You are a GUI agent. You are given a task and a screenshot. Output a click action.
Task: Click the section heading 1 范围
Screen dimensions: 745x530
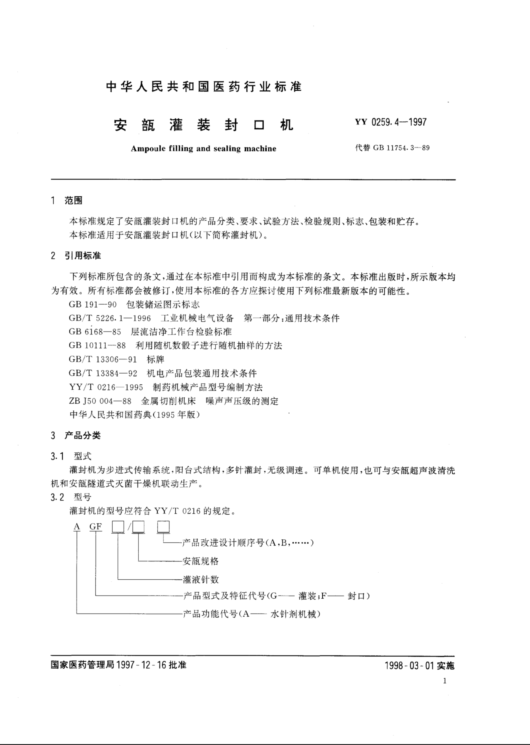(67, 201)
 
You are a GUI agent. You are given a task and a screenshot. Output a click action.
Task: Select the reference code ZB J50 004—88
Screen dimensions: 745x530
(100, 401)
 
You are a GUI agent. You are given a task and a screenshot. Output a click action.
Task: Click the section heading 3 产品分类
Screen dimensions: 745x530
(76, 435)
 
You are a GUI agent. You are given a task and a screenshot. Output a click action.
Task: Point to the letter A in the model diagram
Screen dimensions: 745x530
(77, 527)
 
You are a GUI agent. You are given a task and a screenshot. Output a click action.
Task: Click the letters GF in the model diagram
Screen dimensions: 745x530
(96, 527)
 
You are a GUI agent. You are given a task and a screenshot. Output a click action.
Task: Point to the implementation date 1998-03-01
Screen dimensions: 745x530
(410, 665)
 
